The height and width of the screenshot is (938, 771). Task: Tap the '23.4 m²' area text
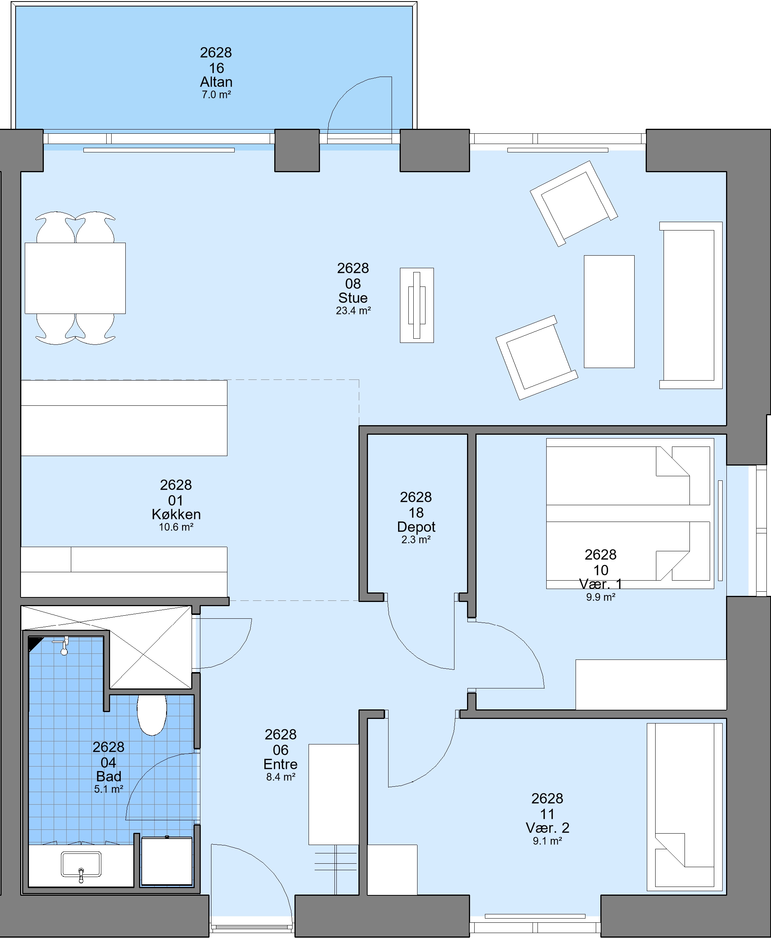pos(353,311)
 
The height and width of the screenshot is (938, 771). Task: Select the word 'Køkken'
pos(176,514)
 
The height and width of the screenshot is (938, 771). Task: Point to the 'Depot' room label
pos(416,527)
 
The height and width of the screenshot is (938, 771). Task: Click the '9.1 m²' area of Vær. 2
pos(548,841)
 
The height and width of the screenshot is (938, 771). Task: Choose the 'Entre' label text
pos(280,764)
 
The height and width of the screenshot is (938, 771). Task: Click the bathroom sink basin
pos(81,864)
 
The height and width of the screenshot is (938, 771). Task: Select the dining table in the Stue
pos(75,278)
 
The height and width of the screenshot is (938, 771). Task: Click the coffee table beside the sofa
pos(609,311)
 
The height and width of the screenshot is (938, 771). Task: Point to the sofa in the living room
pos(691,305)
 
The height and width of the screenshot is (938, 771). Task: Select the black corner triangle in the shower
pos(34,643)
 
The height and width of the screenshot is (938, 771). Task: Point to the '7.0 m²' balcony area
pos(216,94)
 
